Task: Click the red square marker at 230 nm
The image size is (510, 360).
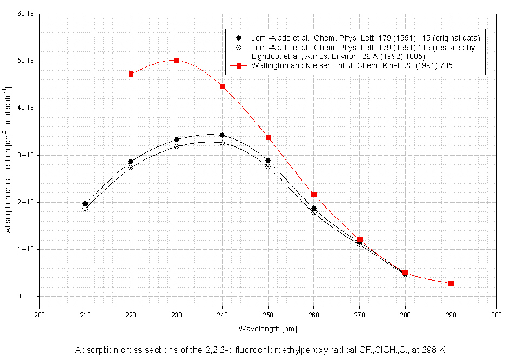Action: click(x=177, y=60)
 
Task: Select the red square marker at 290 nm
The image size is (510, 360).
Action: click(x=451, y=283)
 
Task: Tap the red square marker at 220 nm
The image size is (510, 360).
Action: click(x=131, y=74)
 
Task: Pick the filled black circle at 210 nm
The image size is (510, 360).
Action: click(x=85, y=204)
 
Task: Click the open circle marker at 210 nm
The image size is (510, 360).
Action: click(x=85, y=208)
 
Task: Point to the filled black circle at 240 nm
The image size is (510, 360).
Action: click(x=222, y=135)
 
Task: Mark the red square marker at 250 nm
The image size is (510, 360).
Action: click(x=268, y=137)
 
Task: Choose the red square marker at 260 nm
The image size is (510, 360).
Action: click(x=314, y=194)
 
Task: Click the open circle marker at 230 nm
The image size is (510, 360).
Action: click(x=177, y=146)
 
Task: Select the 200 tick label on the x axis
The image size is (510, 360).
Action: click(x=39, y=315)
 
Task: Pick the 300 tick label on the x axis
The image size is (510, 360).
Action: click(x=496, y=315)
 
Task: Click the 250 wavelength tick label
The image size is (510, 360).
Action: click(x=268, y=315)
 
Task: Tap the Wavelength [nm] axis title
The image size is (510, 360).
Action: click(x=267, y=328)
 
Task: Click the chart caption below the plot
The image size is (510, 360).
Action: click(x=260, y=350)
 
